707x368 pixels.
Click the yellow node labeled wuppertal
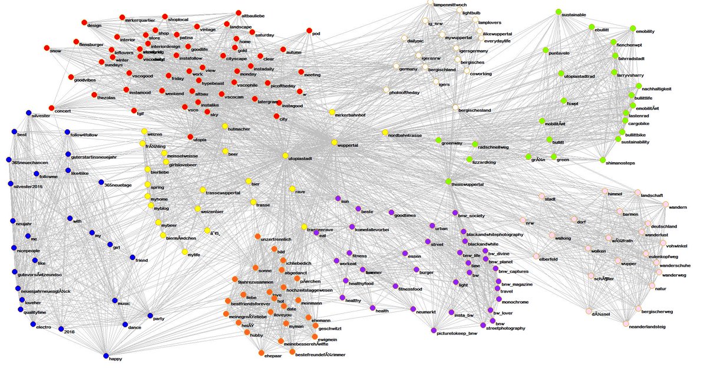(x=333, y=143)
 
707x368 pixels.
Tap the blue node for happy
(x=105, y=356)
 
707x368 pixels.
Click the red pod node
(x=309, y=31)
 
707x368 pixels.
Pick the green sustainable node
(x=558, y=11)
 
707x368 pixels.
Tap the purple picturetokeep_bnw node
(x=434, y=330)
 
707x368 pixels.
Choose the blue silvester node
(x=28, y=113)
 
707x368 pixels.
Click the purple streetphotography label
(x=504, y=328)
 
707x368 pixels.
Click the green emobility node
(x=633, y=28)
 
